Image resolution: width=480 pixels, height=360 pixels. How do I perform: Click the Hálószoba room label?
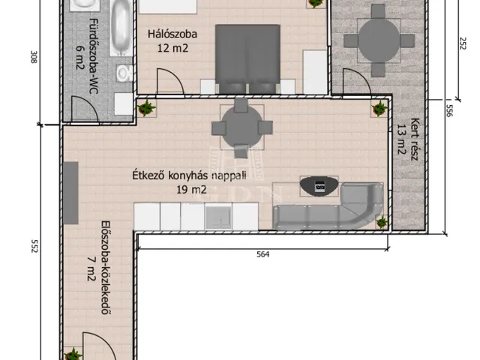click(x=172, y=34)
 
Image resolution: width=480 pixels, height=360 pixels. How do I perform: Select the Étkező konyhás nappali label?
click(x=189, y=175)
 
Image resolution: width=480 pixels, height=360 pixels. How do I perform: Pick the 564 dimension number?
click(x=263, y=254)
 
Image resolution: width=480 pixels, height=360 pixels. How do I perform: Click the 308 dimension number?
click(x=34, y=57)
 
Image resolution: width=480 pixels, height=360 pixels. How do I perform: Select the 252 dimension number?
click(x=463, y=43)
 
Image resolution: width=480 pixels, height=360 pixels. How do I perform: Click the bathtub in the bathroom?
click(x=121, y=28)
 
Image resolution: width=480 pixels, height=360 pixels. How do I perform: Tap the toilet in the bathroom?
click(x=124, y=73)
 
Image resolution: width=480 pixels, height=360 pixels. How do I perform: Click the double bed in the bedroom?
click(x=247, y=59)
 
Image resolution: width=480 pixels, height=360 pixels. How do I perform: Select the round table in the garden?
click(x=379, y=40)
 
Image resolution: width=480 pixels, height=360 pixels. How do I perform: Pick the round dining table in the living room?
click(x=241, y=127)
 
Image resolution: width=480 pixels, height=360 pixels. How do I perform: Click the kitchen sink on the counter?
click(x=218, y=217)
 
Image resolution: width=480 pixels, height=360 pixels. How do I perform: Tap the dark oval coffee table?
click(x=319, y=186)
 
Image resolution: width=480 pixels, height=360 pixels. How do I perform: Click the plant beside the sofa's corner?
click(x=382, y=222)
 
